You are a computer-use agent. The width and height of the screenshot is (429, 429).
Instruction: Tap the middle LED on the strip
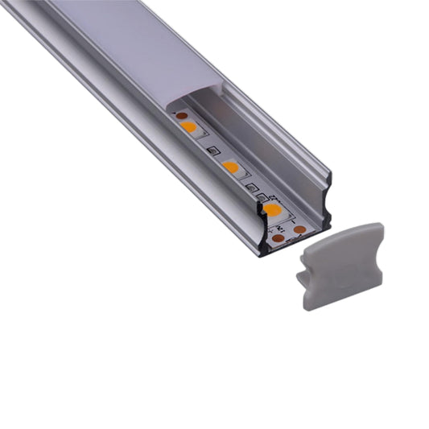point(230,167)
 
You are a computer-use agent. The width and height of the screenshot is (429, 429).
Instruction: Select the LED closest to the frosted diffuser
point(188,126)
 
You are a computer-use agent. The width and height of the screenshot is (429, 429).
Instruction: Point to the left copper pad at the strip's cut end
point(277,239)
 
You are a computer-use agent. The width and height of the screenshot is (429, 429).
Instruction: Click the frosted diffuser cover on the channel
point(129,48)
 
